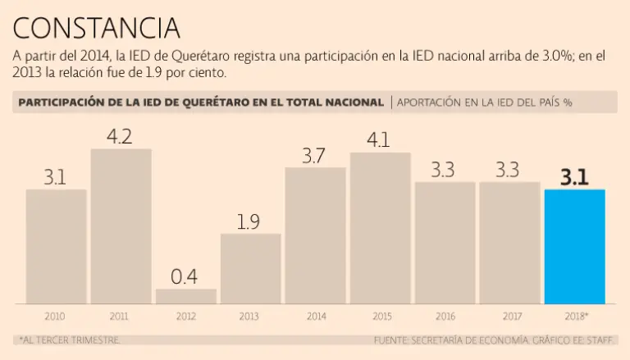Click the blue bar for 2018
point(575,246)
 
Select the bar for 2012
point(185,296)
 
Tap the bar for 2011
point(121,226)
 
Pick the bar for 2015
point(380,227)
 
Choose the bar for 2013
point(250,268)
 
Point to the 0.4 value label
point(185,277)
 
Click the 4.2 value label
point(121,136)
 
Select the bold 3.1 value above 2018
point(574,176)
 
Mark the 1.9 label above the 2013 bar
point(250,221)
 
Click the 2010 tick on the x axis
point(56,316)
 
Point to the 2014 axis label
point(315,316)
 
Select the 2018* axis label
point(575,316)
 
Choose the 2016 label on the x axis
point(445,316)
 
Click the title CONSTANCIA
point(96,28)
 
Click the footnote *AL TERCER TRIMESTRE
point(68,339)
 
